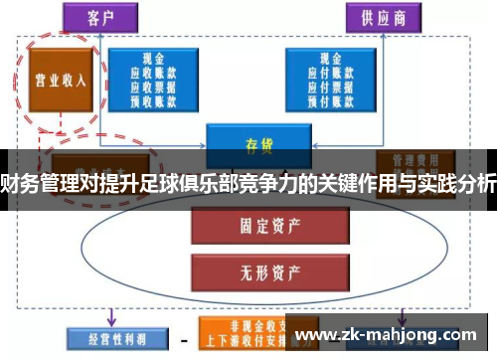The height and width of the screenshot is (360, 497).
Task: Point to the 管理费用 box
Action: click(x=410, y=159)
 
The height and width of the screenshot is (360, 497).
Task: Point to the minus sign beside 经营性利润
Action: click(x=184, y=337)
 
